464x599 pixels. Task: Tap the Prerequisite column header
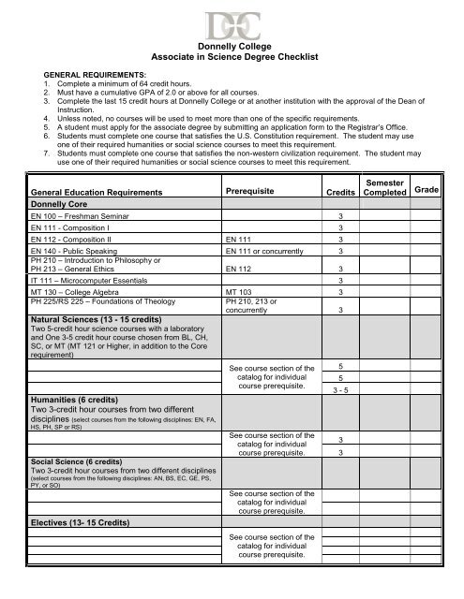click(x=256, y=192)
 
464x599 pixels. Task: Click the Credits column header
click(x=339, y=192)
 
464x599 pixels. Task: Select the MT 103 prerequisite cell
click(x=243, y=293)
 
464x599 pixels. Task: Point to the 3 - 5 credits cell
click(x=339, y=389)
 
